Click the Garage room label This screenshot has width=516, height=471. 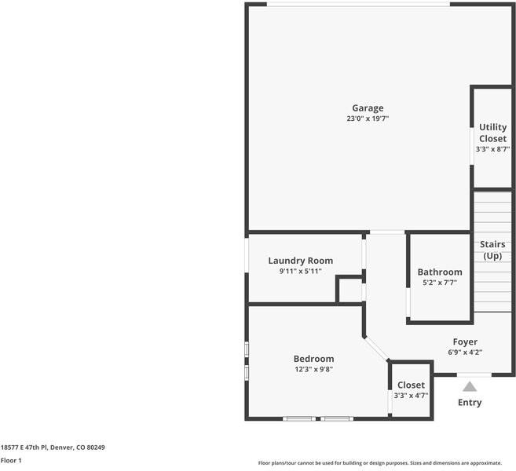pyautogui.click(x=368, y=108)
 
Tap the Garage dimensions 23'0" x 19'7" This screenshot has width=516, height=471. pyautogui.click(x=368, y=119)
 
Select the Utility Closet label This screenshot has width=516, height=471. pyautogui.click(x=492, y=133)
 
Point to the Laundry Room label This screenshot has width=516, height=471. pyautogui.click(x=301, y=261)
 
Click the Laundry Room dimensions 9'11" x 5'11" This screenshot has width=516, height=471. pyautogui.click(x=301, y=271)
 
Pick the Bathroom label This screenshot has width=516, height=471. pyautogui.click(x=440, y=272)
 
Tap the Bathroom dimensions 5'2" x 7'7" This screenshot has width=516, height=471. pyautogui.click(x=440, y=282)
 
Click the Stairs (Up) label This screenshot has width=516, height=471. pyautogui.click(x=492, y=250)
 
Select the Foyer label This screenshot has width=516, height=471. pyautogui.click(x=465, y=342)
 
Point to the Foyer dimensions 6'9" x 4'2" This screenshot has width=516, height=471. pyautogui.click(x=465, y=352)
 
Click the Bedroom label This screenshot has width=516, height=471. pyautogui.click(x=313, y=359)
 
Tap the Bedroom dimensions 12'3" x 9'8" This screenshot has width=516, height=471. pyautogui.click(x=313, y=369)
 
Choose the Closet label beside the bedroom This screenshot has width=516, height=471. pyautogui.click(x=411, y=385)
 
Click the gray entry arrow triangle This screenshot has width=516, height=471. pyautogui.click(x=470, y=387)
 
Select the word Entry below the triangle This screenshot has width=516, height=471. pyautogui.click(x=470, y=403)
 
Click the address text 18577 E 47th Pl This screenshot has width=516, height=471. pyautogui.click(x=24, y=447)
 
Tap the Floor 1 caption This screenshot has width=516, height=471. pyautogui.click(x=11, y=461)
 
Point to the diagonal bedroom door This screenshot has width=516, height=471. pyautogui.click(x=377, y=349)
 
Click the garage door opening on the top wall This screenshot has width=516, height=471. pyautogui.click(x=358, y=4)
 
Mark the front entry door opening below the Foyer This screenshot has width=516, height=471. pyautogui.click(x=474, y=374)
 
